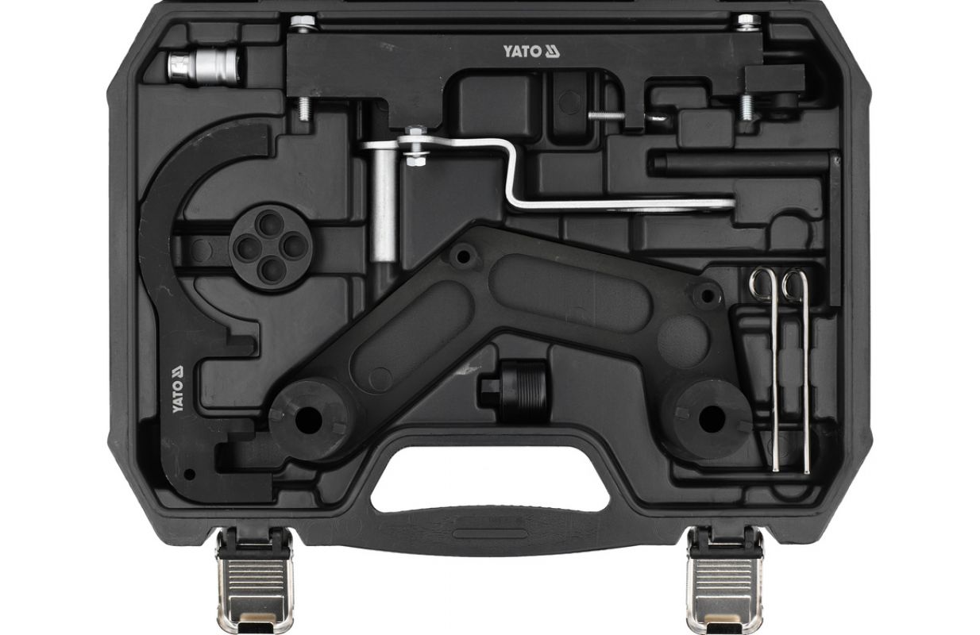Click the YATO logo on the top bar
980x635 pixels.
click(x=531, y=52)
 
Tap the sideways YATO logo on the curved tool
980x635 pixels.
click(x=177, y=389)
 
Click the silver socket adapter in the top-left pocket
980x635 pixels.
click(x=204, y=67)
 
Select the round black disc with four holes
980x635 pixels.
click(x=270, y=247)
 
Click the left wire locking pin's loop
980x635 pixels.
click(x=762, y=284)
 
